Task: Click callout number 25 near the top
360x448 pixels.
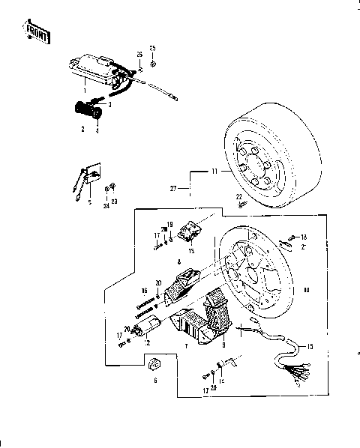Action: (x=153, y=49)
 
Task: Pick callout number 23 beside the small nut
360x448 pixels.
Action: (x=115, y=202)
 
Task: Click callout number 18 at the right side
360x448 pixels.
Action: (x=303, y=237)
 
